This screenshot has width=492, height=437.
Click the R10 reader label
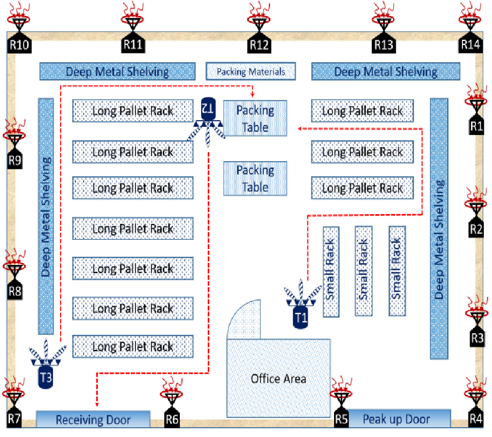tap(19, 44)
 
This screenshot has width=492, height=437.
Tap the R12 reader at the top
tap(259, 44)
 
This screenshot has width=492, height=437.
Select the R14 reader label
tap(470, 44)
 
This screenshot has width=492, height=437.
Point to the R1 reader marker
tap(477, 126)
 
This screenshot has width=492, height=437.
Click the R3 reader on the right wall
tap(477, 338)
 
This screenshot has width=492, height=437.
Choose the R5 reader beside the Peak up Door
tap(341, 418)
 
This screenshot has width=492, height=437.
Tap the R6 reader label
tap(172, 419)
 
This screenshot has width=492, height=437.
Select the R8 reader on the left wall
tap(15, 291)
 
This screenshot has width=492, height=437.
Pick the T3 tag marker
tap(46, 377)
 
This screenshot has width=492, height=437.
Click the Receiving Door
tap(93, 419)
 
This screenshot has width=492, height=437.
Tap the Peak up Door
tap(396, 419)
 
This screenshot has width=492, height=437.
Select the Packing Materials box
tap(250, 71)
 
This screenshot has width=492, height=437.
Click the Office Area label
tap(278, 379)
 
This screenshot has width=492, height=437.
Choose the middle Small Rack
tap(364, 270)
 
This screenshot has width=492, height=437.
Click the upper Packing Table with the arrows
tap(255, 119)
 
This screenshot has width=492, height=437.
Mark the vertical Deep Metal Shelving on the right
tap(439, 228)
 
